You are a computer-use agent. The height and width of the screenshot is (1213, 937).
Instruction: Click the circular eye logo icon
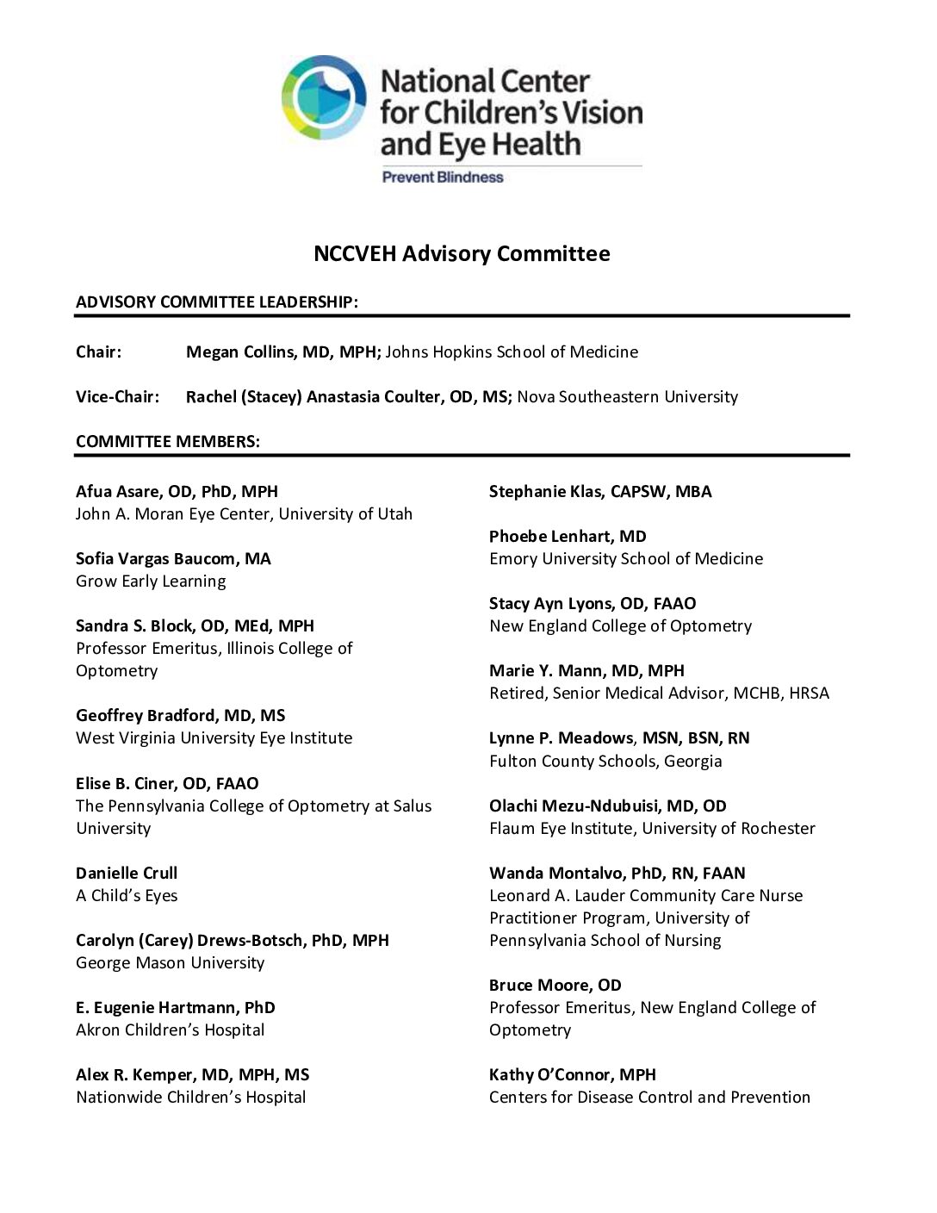324,97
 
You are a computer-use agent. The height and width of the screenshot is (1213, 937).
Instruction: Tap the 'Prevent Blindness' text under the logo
443,177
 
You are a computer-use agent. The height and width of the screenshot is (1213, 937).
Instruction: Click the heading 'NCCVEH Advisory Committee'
462,253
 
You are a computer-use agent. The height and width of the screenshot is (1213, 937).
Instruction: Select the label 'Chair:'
99,351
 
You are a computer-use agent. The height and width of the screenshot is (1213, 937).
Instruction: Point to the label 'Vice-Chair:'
117,396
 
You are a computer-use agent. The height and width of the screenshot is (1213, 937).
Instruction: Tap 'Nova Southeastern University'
627,396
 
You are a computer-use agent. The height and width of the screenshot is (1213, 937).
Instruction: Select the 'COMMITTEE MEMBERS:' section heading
168,441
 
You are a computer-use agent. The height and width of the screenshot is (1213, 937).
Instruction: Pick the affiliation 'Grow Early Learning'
151,581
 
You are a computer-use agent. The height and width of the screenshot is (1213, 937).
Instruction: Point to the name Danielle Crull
127,873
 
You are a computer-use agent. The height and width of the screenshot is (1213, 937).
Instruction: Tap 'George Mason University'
170,962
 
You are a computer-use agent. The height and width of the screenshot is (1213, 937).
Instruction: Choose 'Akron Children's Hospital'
171,1029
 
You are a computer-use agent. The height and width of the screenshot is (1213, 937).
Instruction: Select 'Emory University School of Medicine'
626,558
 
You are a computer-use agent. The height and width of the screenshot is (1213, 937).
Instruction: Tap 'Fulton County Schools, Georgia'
605,761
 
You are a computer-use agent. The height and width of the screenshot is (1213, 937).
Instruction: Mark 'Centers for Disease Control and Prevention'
649,1097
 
